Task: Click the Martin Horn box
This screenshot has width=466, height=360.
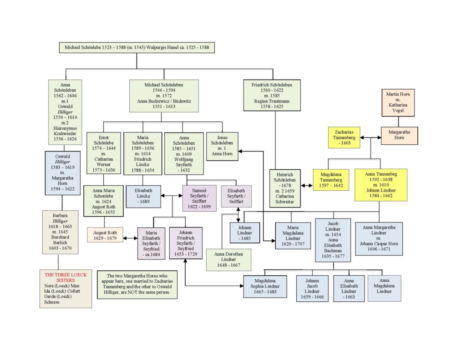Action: pyautogui.click(x=398, y=102)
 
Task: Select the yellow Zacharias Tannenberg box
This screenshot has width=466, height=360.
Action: pyautogui.click(x=344, y=137)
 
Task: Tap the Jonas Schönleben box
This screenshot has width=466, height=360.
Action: pyautogui.click(x=222, y=146)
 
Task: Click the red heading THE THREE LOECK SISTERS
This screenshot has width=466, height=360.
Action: pyautogui.click(x=66, y=277)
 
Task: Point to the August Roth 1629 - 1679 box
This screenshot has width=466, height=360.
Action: pyautogui.click(x=105, y=235)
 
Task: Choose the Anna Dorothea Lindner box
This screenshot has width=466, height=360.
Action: pyautogui.click(x=228, y=259)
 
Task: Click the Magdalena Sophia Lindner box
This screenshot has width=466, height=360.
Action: pyautogui.click(x=265, y=286)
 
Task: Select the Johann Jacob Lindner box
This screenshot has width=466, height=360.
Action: pyautogui.click(x=312, y=289)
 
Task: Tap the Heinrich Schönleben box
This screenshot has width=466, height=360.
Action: pyautogui.click(x=285, y=188)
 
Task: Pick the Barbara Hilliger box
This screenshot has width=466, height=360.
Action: pyautogui.click(x=61, y=232)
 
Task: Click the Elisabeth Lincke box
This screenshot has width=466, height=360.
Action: pyautogui.click(x=143, y=196)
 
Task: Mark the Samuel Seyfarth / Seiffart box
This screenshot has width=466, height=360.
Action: pyautogui.click(x=199, y=198)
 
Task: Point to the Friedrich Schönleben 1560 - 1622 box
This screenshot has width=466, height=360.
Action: pyautogui.click(x=272, y=95)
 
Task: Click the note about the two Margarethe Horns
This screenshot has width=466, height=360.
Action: pyautogui.click(x=137, y=284)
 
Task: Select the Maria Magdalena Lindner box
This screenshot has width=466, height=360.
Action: pyautogui.click(x=293, y=235)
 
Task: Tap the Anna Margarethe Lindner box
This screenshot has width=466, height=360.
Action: pyautogui.click(x=379, y=238)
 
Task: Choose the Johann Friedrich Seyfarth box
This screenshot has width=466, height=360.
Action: pyautogui.click(x=186, y=243)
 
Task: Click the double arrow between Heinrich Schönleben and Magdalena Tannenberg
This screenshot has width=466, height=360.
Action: pyautogui.click(x=307, y=186)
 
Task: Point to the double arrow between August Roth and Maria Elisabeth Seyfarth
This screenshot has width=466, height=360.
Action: pyautogui.click(x=130, y=238)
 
